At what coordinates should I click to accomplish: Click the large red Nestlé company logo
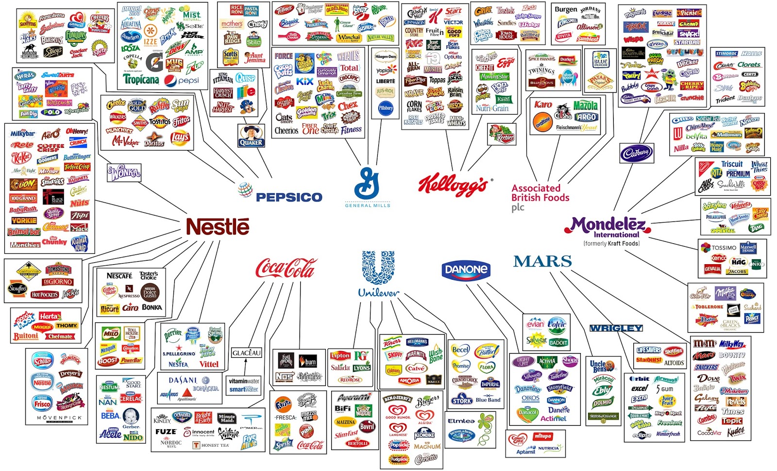click(x=218, y=227)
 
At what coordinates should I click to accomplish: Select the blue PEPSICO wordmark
click(x=288, y=197)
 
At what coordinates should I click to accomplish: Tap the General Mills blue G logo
click(x=367, y=184)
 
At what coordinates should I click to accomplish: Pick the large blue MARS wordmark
click(x=542, y=262)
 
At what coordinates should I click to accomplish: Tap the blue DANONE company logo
click(x=466, y=269)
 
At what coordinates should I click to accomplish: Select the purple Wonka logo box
click(x=124, y=172)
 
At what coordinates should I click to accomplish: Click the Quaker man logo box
click(x=251, y=135)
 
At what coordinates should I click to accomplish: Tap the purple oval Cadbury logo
click(x=636, y=153)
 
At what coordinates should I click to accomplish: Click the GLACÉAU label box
click(x=246, y=353)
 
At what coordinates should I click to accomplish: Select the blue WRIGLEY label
click(x=616, y=328)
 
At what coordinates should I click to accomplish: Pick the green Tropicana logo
click(x=141, y=79)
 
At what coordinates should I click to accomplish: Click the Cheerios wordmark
click(x=287, y=131)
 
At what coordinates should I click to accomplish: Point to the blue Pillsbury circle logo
click(x=386, y=108)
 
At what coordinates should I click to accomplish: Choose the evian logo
click(x=535, y=324)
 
